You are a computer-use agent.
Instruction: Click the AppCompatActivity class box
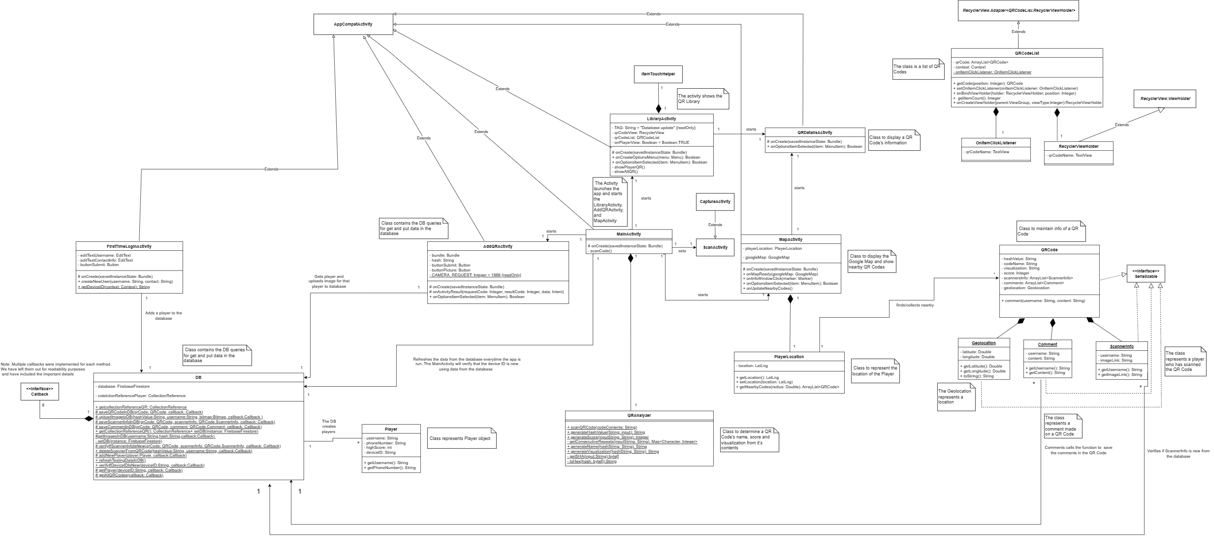coord(353,24)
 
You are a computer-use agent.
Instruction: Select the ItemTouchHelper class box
coord(658,74)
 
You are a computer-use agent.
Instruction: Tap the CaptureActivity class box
coord(715,202)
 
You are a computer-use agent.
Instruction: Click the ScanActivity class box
coord(715,247)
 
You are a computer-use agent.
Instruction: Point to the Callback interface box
coord(40,392)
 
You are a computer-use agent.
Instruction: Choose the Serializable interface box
coord(1146,274)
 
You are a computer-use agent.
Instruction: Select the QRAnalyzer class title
coord(639,415)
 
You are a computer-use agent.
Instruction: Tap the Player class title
coord(391,429)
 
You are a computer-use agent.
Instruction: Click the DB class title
coord(198,378)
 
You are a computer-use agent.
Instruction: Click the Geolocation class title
coord(984,343)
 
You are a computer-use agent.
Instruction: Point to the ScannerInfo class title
coord(1121,346)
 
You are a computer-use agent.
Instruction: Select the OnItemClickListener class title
coord(995,143)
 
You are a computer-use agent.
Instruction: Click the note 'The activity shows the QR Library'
coord(702,99)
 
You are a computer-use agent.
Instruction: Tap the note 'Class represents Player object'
coord(460,438)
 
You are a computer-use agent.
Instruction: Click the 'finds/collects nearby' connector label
coord(915,305)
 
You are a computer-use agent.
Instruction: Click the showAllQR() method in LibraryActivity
coord(625,171)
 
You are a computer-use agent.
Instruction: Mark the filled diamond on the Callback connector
coord(89,419)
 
